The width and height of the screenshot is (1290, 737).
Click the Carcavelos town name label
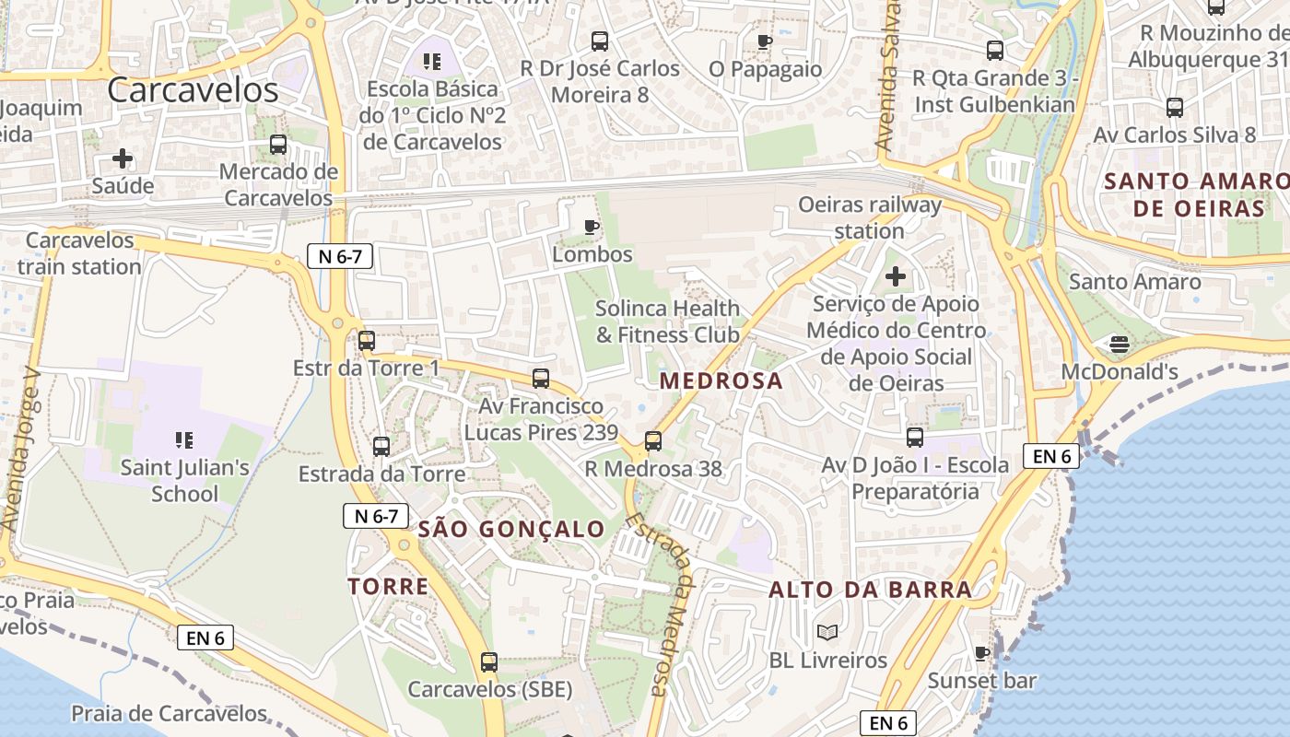point(193,90)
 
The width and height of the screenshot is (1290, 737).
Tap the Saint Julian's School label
point(184,480)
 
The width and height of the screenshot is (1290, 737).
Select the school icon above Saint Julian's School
point(184,441)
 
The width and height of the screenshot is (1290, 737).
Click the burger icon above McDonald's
point(1120,345)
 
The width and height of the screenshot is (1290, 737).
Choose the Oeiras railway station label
point(870,217)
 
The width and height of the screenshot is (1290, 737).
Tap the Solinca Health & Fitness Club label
point(667,321)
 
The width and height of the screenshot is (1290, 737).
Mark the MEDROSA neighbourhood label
point(721,380)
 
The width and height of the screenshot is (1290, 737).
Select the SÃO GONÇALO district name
point(511,529)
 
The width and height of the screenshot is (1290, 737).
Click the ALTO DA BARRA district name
point(871,590)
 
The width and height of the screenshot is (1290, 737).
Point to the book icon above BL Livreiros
point(827,633)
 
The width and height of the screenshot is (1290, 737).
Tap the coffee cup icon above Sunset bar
point(982,654)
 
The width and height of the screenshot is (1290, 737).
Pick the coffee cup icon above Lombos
point(592,227)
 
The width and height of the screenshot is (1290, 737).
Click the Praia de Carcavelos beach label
point(169,713)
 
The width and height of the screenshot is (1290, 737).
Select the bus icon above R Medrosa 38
point(653,441)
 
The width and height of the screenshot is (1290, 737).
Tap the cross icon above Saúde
point(123,158)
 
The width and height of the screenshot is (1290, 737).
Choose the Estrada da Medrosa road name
point(661,603)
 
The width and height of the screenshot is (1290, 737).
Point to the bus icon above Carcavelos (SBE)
point(489,661)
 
